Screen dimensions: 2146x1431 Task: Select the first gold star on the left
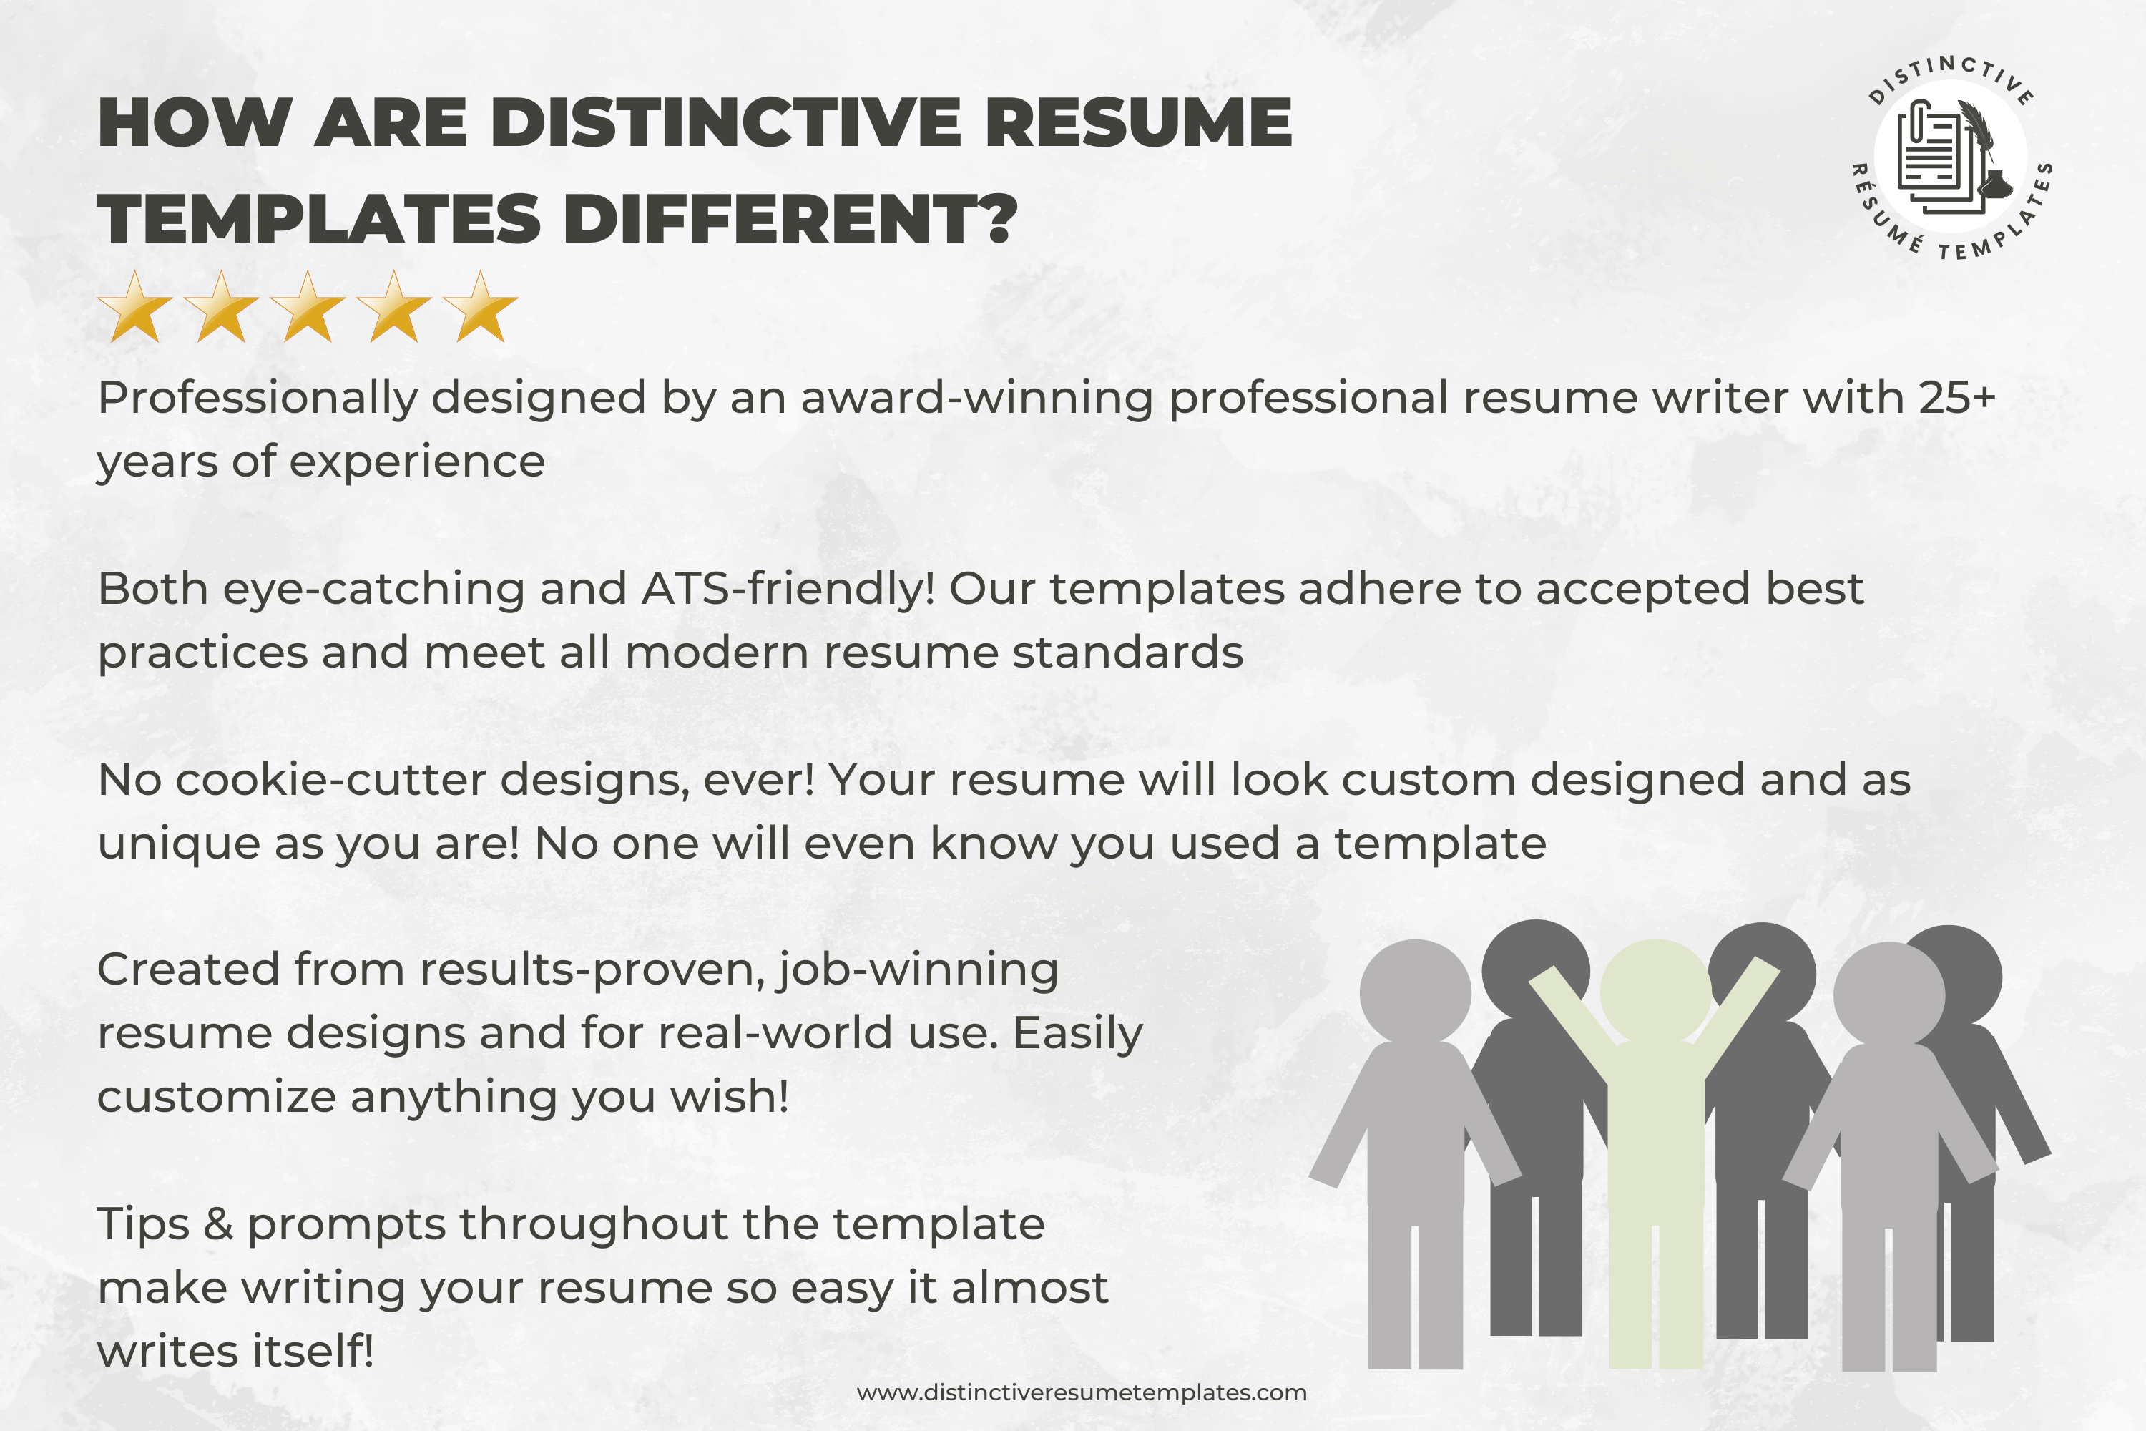point(135,307)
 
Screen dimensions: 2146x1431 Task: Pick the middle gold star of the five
point(308,307)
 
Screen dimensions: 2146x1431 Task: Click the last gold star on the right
point(480,307)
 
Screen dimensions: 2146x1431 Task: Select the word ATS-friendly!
point(788,590)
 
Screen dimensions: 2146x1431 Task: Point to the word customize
point(217,1097)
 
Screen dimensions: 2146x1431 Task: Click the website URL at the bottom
point(1081,1392)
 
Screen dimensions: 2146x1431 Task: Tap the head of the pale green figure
point(1655,993)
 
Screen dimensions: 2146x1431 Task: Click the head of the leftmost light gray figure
point(1415,995)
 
